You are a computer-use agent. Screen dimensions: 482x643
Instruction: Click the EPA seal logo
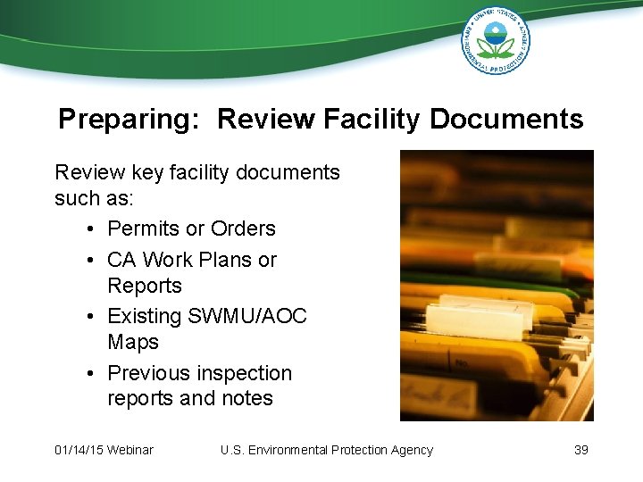(496, 40)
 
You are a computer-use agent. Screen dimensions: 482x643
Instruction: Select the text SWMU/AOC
(247, 316)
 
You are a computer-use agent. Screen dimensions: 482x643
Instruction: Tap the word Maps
(133, 342)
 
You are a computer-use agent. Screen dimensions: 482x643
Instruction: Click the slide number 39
(580, 450)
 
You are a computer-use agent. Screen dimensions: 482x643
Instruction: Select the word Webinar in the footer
(130, 450)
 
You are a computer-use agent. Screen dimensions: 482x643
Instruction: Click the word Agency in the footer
(409, 450)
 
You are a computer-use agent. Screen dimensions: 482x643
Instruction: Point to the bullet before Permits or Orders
(93, 229)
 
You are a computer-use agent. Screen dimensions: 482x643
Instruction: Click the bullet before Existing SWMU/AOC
(93, 317)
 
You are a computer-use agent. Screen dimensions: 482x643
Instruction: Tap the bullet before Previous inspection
(93, 374)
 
